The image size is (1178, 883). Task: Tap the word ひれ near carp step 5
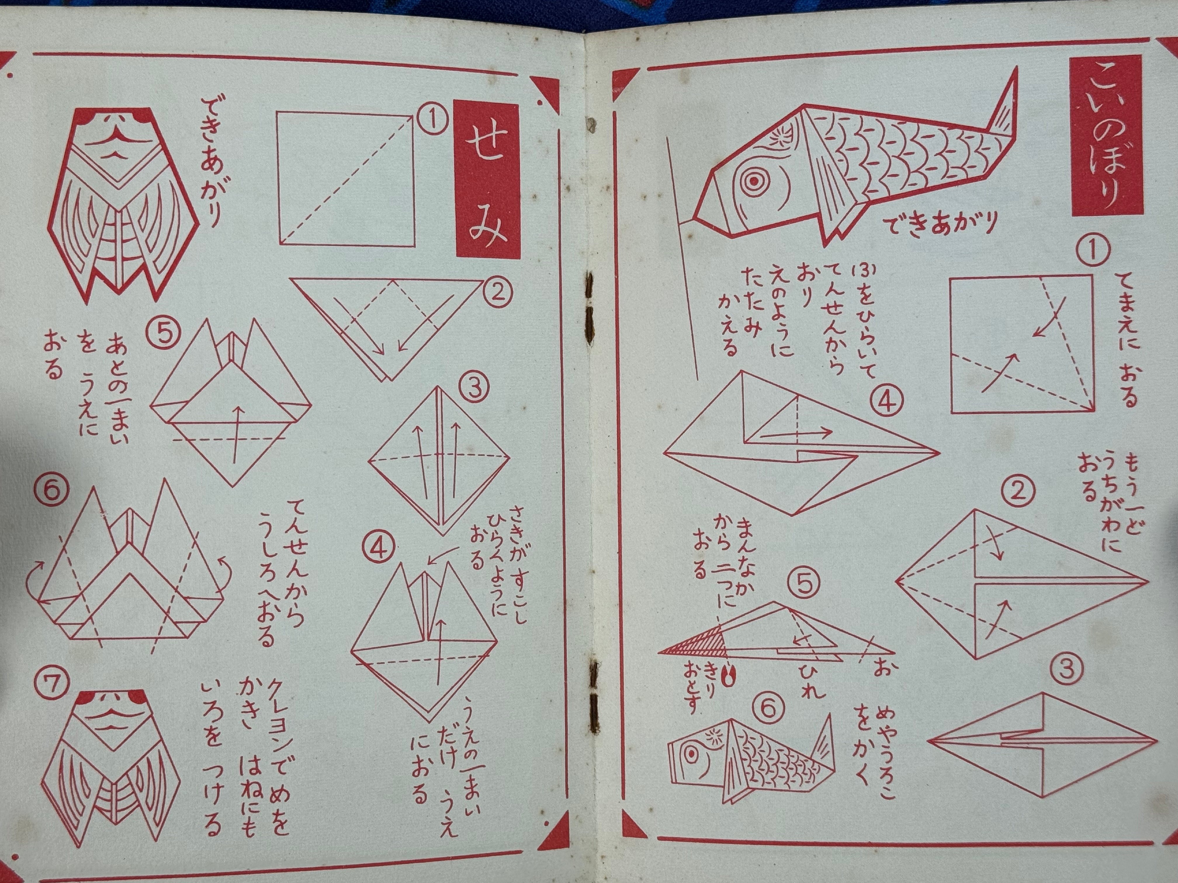pos(810,681)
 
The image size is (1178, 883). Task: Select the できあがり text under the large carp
pos(940,224)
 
